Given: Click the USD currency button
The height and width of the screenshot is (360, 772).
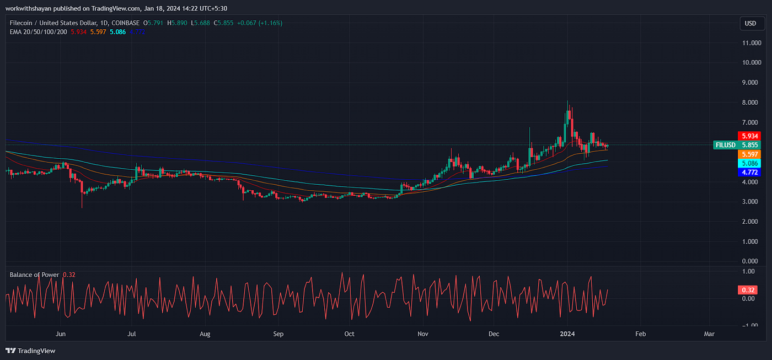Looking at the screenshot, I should pyautogui.click(x=750, y=23).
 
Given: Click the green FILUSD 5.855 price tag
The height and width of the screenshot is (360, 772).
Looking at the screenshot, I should pyautogui.click(x=732, y=145).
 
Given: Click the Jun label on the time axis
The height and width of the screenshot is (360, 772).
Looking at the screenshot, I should pyautogui.click(x=61, y=334).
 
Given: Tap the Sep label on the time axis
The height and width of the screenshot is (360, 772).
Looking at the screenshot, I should pyautogui.click(x=278, y=334).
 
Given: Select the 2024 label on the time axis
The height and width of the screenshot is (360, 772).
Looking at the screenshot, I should pyautogui.click(x=567, y=334).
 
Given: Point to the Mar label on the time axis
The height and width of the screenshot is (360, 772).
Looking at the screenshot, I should pyautogui.click(x=709, y=334).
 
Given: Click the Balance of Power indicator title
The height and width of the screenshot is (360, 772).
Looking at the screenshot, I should pyautogui.click(x=34, y=275).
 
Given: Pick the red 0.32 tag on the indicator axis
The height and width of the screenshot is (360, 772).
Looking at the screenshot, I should pyautogui.click(x=748, y=290).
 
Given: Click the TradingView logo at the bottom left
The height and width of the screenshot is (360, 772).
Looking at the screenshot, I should pyautogui.click(x=30, y=351).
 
